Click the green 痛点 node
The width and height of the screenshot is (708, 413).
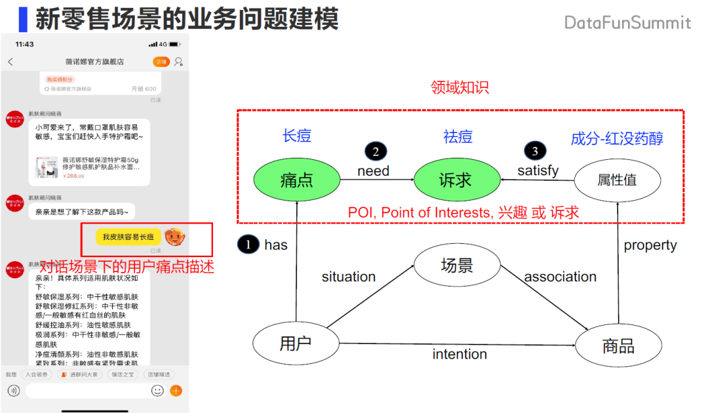click(x=296, y=180)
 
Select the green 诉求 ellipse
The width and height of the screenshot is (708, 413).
click(x=455, y=180)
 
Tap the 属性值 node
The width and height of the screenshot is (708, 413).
click(x=617, y=180)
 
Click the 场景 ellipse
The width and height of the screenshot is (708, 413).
click(x=458, y=265)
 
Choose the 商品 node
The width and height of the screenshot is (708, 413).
click(x=618, y=345)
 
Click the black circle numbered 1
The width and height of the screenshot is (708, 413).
click(x=248, y=245)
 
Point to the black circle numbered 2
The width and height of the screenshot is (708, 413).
click(x=375, y=151)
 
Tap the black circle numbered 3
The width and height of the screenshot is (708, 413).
click(x=536, y=151)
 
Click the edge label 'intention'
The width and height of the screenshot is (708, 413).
click(x=460, y=354)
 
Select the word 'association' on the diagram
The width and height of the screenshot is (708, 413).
click(x=560, y=277)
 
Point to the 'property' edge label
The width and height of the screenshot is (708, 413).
click(x=650, y=245)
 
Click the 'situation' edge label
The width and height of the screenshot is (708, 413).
click(x=349, y=277)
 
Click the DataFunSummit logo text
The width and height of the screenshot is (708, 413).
click(x=627, y=23)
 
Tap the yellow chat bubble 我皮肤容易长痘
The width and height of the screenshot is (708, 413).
click(x=128, y=237)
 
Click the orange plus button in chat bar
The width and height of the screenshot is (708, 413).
click(x=176, y=391)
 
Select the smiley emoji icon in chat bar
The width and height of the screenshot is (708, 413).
click(x=157, y=391)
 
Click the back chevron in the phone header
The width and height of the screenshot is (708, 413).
click(x=10, y=62)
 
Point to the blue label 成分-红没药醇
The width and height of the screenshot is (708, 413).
click(x=617, y=138)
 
